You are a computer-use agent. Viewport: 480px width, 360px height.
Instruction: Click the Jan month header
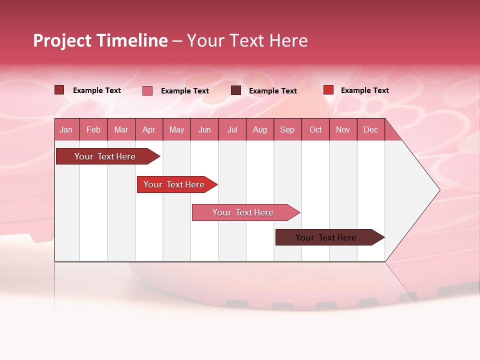pyautogui.click(x=66, y=130)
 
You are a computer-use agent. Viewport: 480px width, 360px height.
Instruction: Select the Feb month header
pyautogui.click(x=93, y=130)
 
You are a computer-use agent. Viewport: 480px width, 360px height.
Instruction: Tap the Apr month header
pyautogui.click(x=148, y=130)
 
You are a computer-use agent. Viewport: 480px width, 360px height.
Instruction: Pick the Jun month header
pyautogui.click(x=204, y=130)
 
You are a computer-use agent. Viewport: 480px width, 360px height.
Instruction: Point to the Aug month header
pyautogui.click(x=259, y=130)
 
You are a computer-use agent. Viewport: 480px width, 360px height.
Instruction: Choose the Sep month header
pyautogui.click(x=287, y=130)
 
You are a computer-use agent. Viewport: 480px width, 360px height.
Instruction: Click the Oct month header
pyautogui.click(x=315, y=130)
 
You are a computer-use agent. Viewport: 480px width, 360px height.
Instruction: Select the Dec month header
pyautogui.click(x=370, y=130)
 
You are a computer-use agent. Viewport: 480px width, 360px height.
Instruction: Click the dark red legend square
pyautogui.click(x=59, y=90)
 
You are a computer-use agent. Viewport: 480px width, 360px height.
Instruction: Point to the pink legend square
pyautogui.click(x=147, y=90)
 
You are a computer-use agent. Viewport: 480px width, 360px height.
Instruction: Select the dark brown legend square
pyautogui.click(x=236, y=90)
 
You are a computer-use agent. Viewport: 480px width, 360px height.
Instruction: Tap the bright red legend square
pyautogui.click(x=328, y=90)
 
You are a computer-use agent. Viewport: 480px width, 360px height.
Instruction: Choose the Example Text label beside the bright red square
pyautogui.click(x=364, y=90)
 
